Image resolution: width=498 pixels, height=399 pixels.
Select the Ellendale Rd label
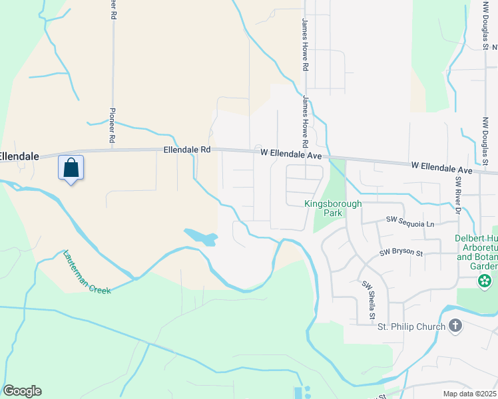(x=187, y=150)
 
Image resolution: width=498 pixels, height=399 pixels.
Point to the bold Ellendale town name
(x=19, y=156)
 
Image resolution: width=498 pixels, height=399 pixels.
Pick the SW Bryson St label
(x=401, y=253)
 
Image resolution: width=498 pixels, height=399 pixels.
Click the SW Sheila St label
(x=368, y=295)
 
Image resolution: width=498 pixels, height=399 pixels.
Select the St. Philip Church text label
(x=411, y=327)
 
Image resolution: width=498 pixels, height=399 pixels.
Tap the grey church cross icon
(x=455, y=326)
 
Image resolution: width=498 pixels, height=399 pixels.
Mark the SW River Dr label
(x=458, y=196)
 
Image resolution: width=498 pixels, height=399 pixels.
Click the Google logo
(x=22, y=391)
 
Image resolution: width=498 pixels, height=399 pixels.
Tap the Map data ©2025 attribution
(x=469, y=394)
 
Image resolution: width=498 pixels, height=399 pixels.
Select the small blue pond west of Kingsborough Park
(x=200, y=236)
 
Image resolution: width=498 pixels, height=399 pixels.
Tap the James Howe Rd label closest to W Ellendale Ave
(x=305, y=122)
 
